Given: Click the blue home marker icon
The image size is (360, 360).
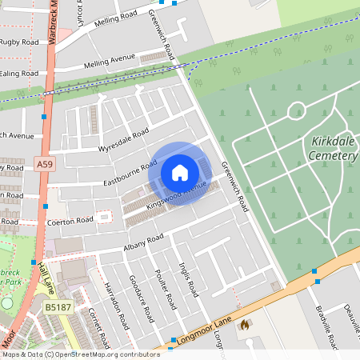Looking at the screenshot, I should click(180, 173).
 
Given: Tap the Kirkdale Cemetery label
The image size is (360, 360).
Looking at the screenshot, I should click(332, 149).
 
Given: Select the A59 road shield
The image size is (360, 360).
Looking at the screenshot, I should click(45, 164).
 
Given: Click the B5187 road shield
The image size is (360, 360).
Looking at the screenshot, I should click(56, 306).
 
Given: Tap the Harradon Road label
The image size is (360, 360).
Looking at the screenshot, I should click(117, 306).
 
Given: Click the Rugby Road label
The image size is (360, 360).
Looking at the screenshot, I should click(19, 42).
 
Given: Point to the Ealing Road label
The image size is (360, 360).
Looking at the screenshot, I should click(19, 74).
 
